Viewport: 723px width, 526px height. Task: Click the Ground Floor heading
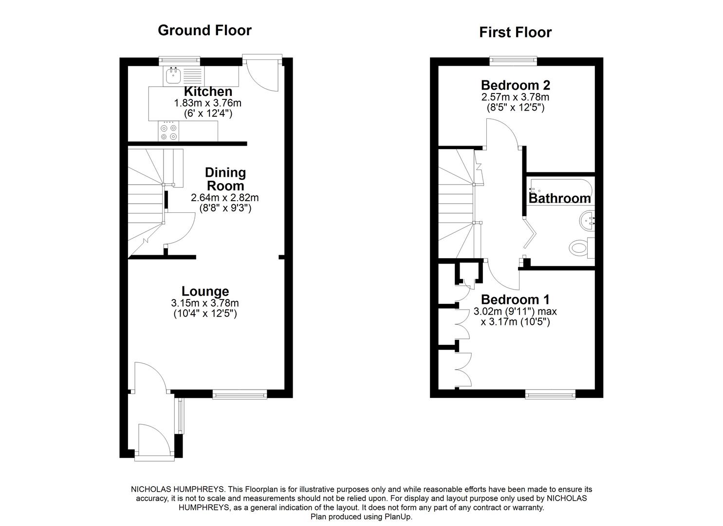coord(204,30)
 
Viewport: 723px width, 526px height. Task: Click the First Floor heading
coord(515,32)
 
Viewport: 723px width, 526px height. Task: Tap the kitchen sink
coord(173,75)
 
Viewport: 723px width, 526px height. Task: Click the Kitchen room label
coord(208,92)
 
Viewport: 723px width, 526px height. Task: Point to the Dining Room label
coord(225,179)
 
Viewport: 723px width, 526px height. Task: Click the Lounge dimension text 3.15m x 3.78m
coord(205,303)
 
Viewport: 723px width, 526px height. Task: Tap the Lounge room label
coord(205,291)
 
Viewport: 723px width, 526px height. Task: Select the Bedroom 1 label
coord(515,299)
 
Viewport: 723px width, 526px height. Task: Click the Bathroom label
coord(559,198)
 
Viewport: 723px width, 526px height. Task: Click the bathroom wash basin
coord(587,220)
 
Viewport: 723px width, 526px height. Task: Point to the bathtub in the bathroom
coord(560,188)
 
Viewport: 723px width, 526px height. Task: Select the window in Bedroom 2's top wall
coord(513,61)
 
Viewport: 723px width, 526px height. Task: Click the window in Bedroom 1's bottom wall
coord(550,394)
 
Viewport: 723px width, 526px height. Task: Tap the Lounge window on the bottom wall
coord(240,394)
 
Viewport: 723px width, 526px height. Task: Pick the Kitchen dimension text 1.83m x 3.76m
coord(208,103)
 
